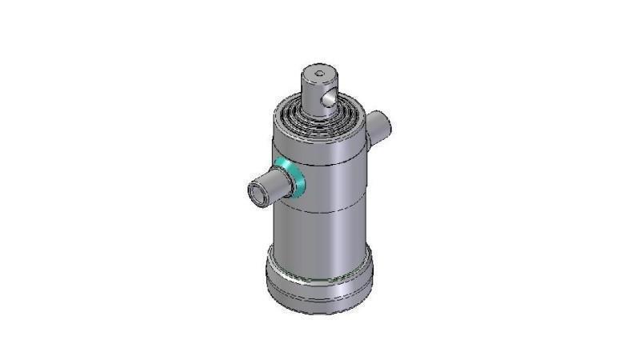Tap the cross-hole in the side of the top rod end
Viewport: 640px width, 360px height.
[x=326, y=99]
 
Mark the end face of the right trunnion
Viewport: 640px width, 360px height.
[x=384, y=124]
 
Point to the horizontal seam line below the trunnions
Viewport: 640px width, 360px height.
[x=320, y=210]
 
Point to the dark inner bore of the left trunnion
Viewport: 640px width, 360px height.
[x=255, y=194]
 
